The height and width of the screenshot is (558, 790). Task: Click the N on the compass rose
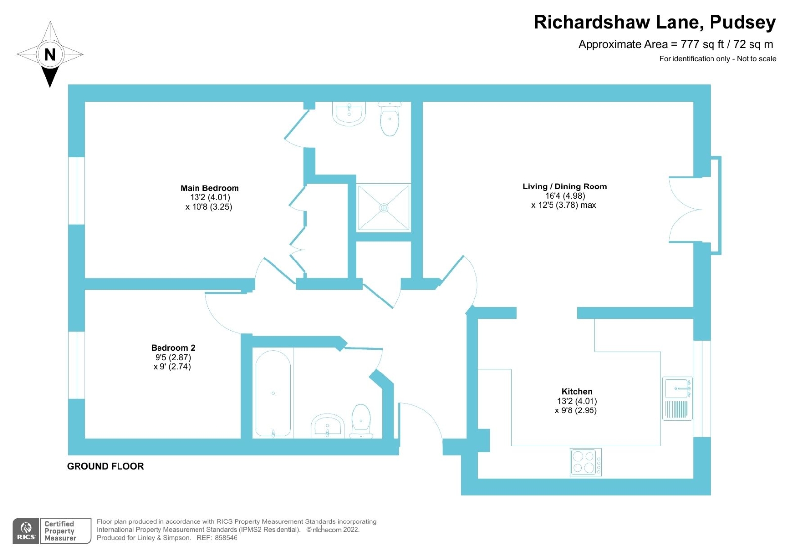(x=50, y=54)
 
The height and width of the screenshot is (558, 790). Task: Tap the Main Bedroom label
(x=209, y=188)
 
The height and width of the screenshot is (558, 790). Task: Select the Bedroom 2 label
(x=173, y=348)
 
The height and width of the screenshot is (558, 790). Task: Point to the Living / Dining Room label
(x=564, y=186)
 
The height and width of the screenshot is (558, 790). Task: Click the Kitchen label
(x=577, y=392)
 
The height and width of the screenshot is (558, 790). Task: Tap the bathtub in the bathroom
(x=273, y=394)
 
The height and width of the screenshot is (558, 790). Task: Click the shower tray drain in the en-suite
(x=384, y=208)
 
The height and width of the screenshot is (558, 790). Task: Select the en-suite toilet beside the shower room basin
(x=390, y=119)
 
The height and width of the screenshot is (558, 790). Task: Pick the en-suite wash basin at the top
(x=349, y=113)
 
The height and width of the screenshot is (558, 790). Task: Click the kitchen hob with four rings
(x=586, y=462)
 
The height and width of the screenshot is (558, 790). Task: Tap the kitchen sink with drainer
(x=677, y=399)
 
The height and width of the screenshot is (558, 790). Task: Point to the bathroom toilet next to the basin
(x=361, y=421)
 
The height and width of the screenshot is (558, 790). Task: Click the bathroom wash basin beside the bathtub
(x=327, y=427)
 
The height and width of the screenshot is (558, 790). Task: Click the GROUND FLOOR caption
(x=105, y=466)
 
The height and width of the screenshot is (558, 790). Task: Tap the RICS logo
(x=26, y=531)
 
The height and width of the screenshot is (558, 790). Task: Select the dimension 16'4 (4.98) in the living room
(x=564, y=196)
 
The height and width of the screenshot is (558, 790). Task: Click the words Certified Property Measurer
(x=60, y=531)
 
